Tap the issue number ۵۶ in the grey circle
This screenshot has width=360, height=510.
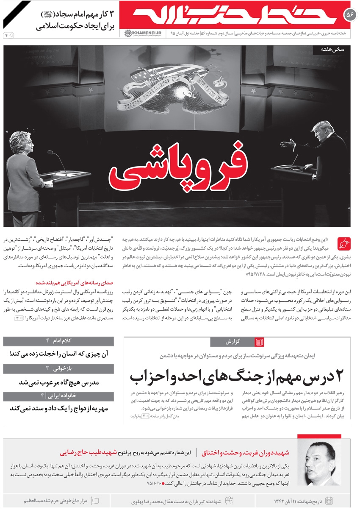(350, 14)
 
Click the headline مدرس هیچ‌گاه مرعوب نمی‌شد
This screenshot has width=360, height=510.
(59, 382)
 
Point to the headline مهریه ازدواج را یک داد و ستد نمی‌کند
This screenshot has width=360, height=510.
(59, 409)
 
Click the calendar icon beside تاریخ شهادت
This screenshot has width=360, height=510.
(329, 501)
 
